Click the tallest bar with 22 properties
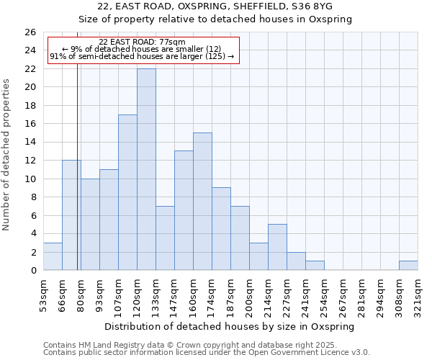(146, 169)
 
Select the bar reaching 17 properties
(127, 192)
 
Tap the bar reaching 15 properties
(202, 202)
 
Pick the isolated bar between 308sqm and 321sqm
(408, 266)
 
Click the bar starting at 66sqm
(71, 215)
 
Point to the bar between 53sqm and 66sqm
(53, 256)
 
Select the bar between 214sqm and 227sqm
(277, 247)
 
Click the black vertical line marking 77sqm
(77, 144)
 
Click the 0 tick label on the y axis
(32, 270)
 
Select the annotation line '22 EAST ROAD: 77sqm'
(142, 42)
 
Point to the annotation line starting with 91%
(142, 56)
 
